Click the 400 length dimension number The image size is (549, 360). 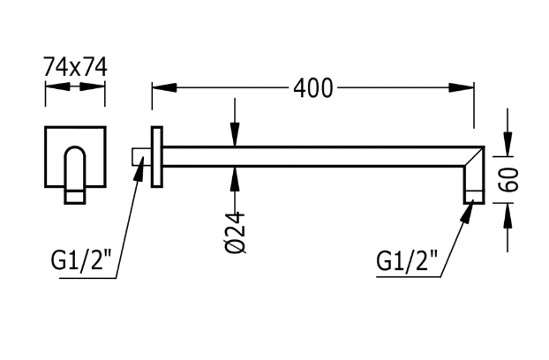(314, 87)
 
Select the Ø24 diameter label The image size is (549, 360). (236, 233)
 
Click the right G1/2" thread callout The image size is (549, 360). (407, 261)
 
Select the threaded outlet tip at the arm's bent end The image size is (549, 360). (475, 197)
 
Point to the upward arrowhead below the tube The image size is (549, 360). (236, 175)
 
